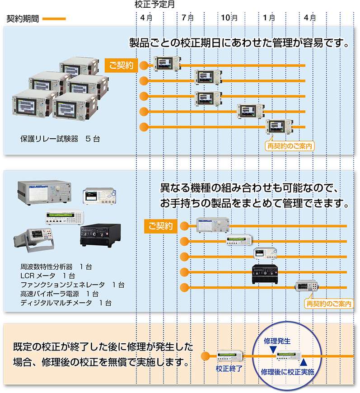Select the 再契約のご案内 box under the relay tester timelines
[x=290, y=146]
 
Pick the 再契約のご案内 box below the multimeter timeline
[x=328, y=304]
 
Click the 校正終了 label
[x=229, y=368]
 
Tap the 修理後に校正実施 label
[x=287, y=371]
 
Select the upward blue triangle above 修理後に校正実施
[x=304, y=362]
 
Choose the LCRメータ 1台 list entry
[x=47, y=276]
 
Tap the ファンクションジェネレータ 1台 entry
[x=72, y=285]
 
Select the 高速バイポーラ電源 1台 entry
[x=60, y=294]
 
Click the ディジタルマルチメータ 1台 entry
[x=66, y=303]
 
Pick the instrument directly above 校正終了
[x=230, y=356]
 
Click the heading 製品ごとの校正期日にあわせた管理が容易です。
[x=240, y=43]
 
